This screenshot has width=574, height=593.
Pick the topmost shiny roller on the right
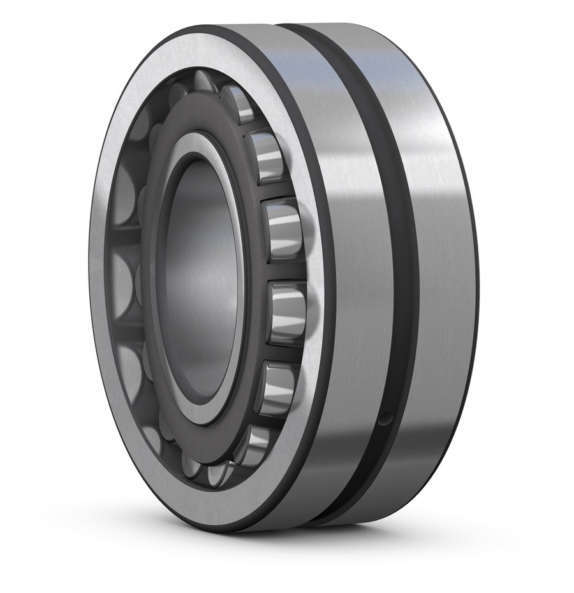[x=239, y=102]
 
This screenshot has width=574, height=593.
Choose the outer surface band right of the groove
[x=440, y=255]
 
